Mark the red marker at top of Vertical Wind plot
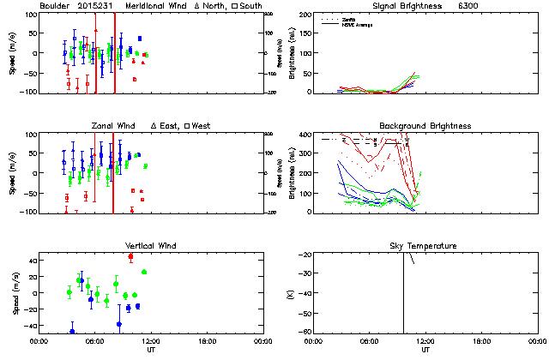click(x=130, y=256)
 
